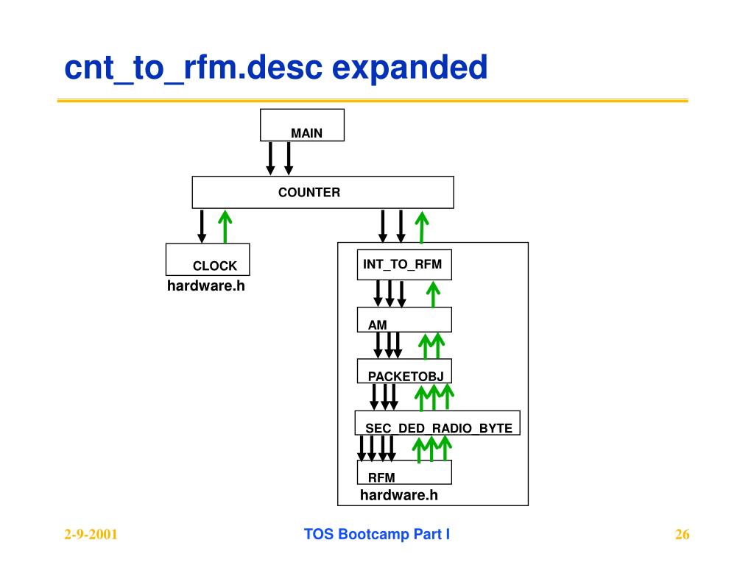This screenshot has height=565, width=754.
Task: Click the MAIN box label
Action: point(306,133)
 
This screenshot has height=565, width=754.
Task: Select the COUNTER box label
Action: point(309,192)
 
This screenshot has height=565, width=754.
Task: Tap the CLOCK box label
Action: point(214,266)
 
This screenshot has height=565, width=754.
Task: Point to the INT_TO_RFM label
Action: point(403,264)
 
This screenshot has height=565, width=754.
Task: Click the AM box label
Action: point(378,325)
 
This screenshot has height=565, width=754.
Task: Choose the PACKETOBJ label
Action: point(406,376)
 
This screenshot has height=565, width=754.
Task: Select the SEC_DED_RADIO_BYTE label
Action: point(439,428)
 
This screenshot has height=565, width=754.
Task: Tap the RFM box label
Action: point(381,477)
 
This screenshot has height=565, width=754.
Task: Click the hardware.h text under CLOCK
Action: point(206,286)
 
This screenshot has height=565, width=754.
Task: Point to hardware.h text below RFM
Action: point(399,495)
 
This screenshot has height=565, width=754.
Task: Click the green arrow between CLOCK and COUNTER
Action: point(225,227)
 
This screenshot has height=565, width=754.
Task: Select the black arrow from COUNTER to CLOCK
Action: point(202,227)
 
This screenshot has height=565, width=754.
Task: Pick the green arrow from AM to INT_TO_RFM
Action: point(433,294)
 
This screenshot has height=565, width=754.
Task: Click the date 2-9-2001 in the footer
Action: point(91,534)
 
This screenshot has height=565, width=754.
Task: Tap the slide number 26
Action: point(683,534)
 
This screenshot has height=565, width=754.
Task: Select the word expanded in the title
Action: point(409,68)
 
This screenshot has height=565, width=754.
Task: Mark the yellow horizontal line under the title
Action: point(373,100)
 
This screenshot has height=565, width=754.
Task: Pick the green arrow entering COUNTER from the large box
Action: point(422,227)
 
